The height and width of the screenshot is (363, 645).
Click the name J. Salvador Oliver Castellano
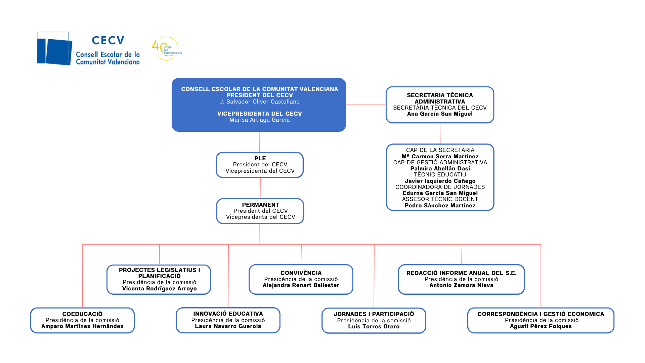point(259,102)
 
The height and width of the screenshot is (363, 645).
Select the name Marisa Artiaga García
point(259,120)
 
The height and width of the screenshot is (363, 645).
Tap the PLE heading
point(260,158)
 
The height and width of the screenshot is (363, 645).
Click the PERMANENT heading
point(260,205)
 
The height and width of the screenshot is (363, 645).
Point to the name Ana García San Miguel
point(440,114)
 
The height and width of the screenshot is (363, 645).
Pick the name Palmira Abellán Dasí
point(440,169)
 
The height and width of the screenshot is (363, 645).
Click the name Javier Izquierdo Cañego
point(440,181)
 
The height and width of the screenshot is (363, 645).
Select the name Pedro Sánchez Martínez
point(440,205)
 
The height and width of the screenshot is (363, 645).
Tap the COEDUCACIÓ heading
point(82,314)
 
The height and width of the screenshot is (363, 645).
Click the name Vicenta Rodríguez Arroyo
point(159,288)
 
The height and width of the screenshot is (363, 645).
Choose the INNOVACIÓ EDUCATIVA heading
point(228,314)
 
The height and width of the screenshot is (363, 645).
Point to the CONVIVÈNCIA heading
point(301,273)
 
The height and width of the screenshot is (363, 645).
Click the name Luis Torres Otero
point(374,326)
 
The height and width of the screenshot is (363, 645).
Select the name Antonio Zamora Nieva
point(461,285)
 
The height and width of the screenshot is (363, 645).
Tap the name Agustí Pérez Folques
point(541,326)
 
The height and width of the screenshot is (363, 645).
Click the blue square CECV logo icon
point(54,49)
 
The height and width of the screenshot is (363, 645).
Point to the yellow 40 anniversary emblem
point(166,49)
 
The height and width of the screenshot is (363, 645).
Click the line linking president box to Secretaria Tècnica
point(366,105)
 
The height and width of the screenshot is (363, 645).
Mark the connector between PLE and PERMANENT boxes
point(260,188)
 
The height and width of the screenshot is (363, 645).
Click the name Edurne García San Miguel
point(440,193)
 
